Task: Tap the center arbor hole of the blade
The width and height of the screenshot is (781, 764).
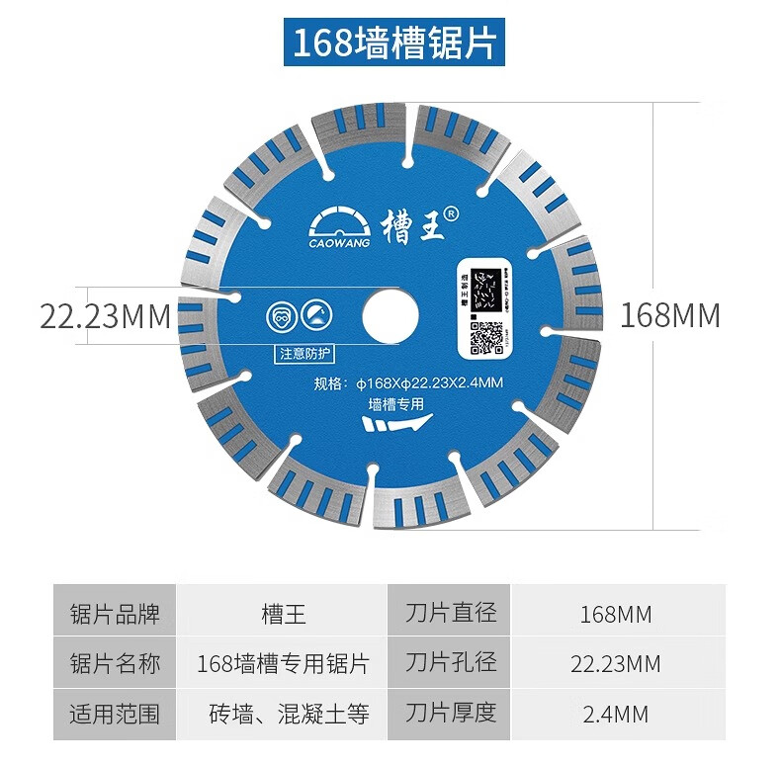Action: (x=390, y=315)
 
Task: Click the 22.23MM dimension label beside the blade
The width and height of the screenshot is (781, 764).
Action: (x=106, y=317)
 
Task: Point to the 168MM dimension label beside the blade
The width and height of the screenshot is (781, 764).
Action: (x=669, y=315)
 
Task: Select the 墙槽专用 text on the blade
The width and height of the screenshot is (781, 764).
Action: (x=395, y=403)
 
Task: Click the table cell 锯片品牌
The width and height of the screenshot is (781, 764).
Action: (x=115, y=613)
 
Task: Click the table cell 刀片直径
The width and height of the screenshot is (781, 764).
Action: (x=451, y=613)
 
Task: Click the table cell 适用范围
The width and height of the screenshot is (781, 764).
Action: (x=115, y=713)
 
